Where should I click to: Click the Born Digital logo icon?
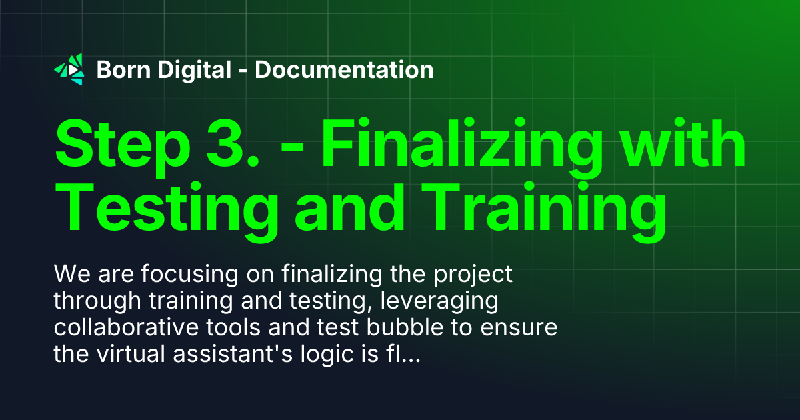[69, 69]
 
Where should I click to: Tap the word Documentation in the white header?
[344, 69]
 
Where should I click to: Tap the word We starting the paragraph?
[69, 274]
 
